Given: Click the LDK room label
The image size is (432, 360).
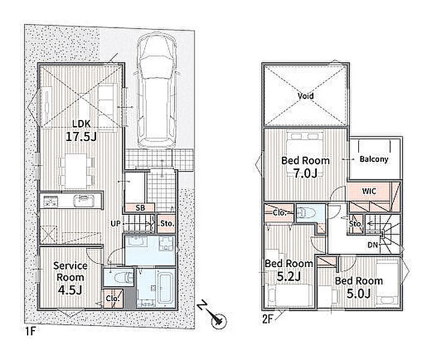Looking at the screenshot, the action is pos(81,124).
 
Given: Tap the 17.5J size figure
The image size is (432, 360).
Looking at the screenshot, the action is pos(81,136).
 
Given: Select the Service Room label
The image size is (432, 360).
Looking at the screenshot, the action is pos(70,272).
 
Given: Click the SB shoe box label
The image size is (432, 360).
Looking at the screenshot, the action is pos(140,208).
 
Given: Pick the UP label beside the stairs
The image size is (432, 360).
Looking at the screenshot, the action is pos(116,223).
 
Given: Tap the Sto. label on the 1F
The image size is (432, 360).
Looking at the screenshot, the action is pos(167,223).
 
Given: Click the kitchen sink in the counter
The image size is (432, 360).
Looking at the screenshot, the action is pos(84,200).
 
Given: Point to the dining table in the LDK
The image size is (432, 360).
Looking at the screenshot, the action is pos(76,171).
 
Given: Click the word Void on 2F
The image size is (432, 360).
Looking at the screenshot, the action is pos(305,96).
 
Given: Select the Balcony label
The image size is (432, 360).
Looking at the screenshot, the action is pos(374,159).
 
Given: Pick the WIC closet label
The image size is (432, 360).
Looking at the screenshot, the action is pos(369,191).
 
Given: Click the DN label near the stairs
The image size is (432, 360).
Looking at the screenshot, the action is pos(373,245).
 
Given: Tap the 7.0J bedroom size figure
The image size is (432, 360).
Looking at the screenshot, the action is pos(305,173).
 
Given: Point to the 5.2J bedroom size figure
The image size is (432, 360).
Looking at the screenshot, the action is pos(288,276).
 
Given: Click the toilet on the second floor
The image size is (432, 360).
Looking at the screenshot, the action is pos(305,212).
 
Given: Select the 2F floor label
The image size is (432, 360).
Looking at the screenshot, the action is pos(267,320).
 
